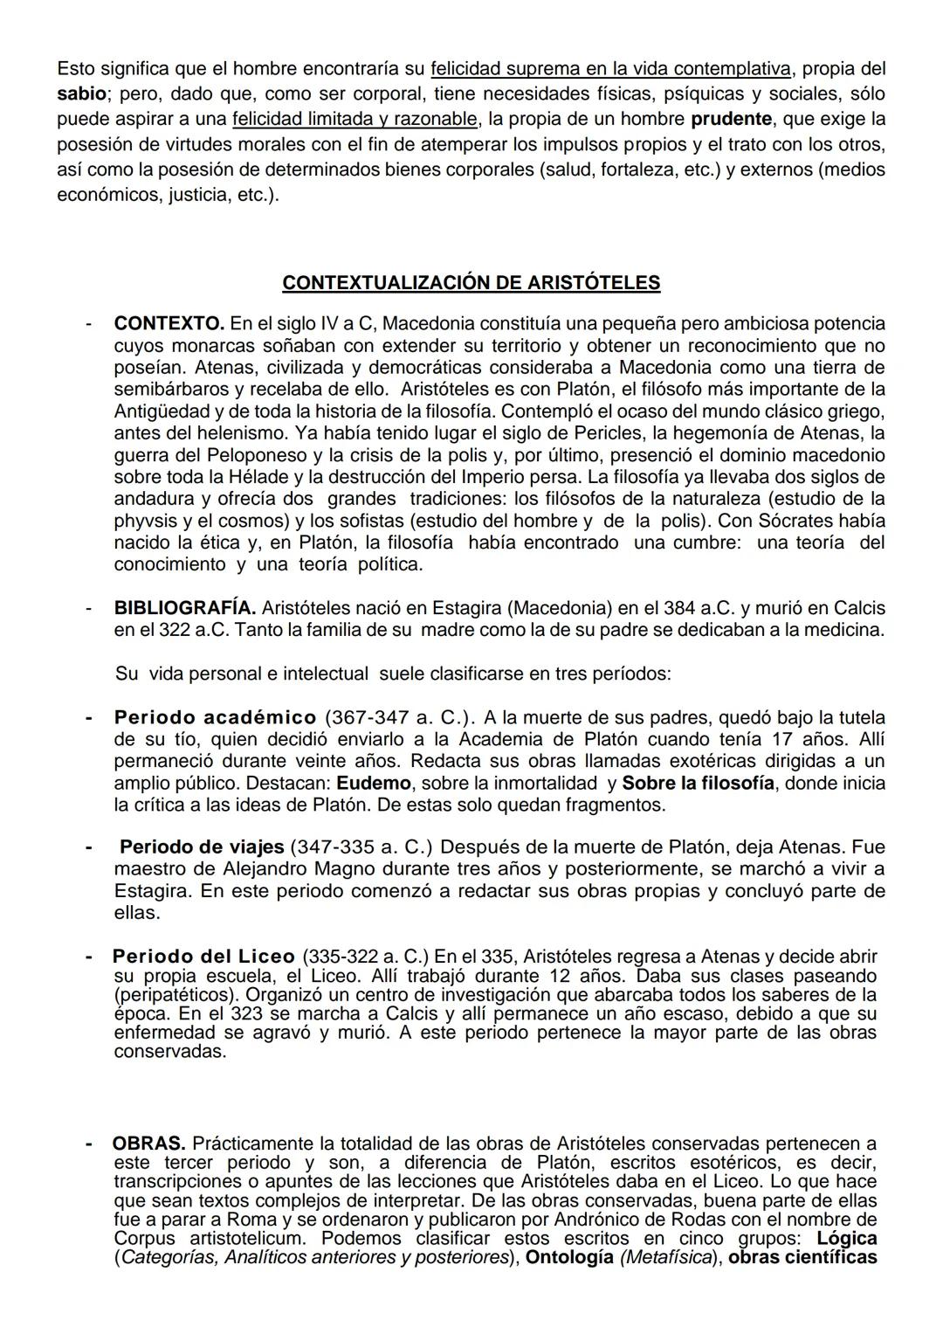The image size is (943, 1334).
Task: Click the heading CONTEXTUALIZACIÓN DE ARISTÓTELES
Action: coord(471,283)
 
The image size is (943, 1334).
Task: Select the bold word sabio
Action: coord(81,93)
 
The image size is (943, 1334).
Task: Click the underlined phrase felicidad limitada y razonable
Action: coord(355,118)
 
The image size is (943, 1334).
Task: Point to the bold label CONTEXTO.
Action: coord(169,323)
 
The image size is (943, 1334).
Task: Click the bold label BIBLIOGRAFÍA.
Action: coord(185,608)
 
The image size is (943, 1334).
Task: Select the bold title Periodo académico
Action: coord(215,718)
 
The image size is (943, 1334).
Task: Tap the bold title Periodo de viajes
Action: coord(202,847)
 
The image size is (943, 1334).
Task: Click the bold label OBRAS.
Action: coord(148,1144)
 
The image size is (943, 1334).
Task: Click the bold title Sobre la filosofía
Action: coord(698,783)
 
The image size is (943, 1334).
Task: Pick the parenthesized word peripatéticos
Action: coord(176,994)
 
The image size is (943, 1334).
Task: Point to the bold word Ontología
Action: coord(569,1258)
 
